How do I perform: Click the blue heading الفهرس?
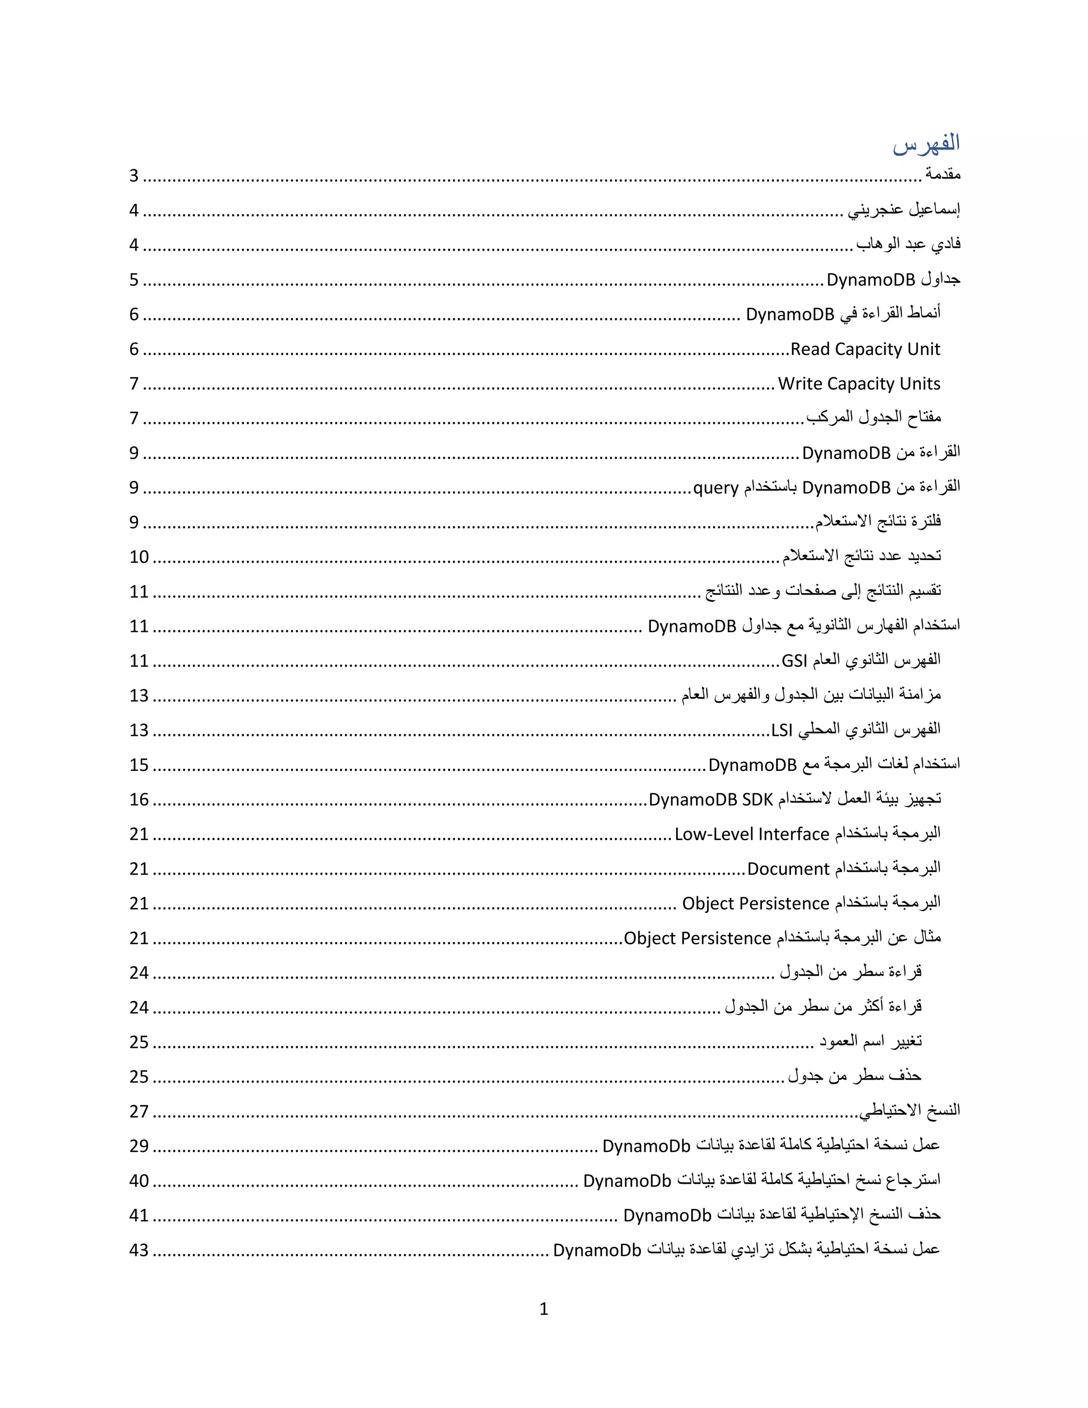click(x=925, y=144)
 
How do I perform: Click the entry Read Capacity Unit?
click(x=865, y=350)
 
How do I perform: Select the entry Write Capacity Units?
click(x=858, y=384)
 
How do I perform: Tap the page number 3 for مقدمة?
click(x=134, y=176)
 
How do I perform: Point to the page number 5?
click(x=134, y=280)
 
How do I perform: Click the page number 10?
click(x=139, y=557)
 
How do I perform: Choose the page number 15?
click(x=139, y=765)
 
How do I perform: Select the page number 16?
click(x=139, y=800)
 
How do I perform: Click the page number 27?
click(x=139, y=1112)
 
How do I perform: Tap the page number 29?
click(x=139, y=1146)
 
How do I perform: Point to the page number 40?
click(x=139, y=1181)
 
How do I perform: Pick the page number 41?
click(x=139, y=1216)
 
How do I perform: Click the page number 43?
click(x=139, y=1251)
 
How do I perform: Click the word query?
click(x=716, y=488)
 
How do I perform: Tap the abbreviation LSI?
click(x=782, y=731)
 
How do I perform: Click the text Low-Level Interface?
click(x=752, y=834)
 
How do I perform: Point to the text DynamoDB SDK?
click(x=710, y=800)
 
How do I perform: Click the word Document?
click(x=788, y=869)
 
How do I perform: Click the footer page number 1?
click(x=543, y=1309)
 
